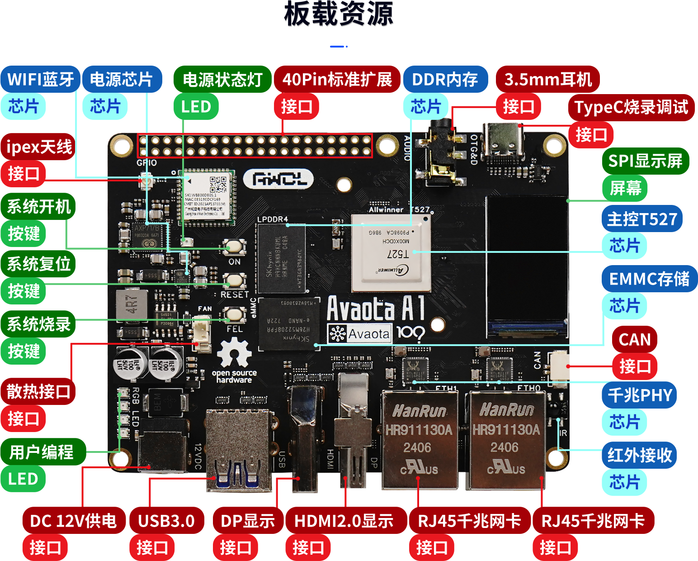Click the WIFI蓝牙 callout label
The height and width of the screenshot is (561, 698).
click(41, 80)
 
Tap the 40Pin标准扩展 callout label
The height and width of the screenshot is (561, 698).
click(337, 80)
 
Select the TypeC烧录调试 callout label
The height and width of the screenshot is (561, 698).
click(631, 108)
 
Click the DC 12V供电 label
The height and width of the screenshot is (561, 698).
click(74, 521)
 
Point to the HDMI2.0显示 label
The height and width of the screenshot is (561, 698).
click(344, 521)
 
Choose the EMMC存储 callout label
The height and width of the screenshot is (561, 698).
click(649, 279)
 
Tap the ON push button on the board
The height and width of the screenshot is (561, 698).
click(234, 247)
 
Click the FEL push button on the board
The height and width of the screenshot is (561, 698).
click(234, 314)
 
